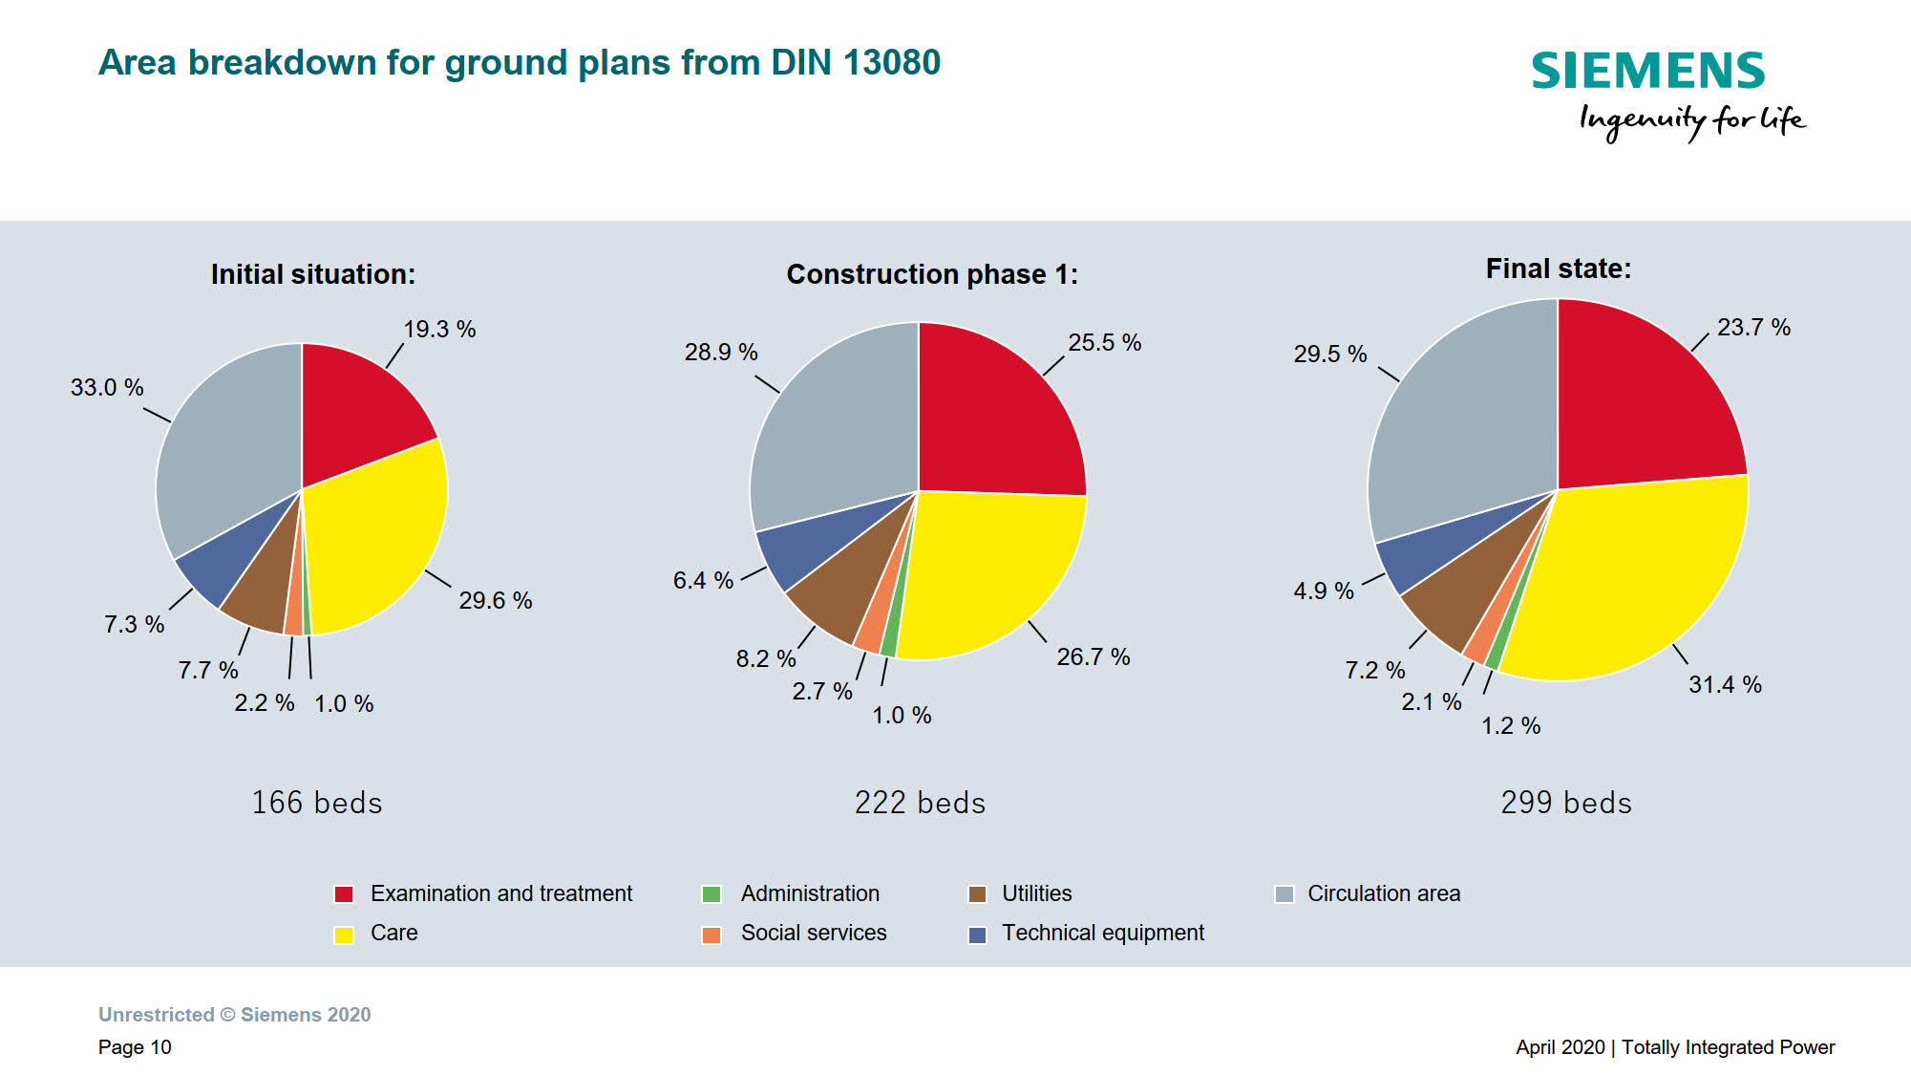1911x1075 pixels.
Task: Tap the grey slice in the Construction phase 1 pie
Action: pyautogui.click(x=831, y=430)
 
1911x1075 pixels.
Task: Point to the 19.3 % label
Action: pyautogui.click(x=439, y=330)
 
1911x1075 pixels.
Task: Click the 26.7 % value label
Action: pyautogui.click(x=1093, y=657)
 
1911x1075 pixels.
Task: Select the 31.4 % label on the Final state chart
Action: pyautogui.click(x=1725, y=685)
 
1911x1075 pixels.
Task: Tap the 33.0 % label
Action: pyautogui.click(x=107, y=388)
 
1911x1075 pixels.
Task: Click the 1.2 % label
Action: pyautogui.click(x=1511, y=726)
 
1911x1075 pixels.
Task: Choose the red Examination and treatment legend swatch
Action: pyautogui.click(x=344, y=894)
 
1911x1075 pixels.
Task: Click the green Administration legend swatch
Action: pyautogui.click(x=711, y=894)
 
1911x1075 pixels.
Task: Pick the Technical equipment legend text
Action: pyautogui.click(x=1102, y=933)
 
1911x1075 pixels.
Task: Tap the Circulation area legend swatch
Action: pyautogui.click(x=1285, y=894)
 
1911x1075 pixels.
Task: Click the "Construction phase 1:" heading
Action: pyautogui.click(x=932, y=275)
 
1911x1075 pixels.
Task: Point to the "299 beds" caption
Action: pyautogui.click(x=1566, y=803)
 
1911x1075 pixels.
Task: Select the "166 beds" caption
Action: pyautogui.click(x=317, y=803)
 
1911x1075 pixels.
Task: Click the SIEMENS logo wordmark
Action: pyautogui.click(x=1648, y=72)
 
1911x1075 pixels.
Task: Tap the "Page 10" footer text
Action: pyautogui.click(x=135, y=1047)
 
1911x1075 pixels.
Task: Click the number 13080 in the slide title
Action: pyautogui.click(x=892, y=63)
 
